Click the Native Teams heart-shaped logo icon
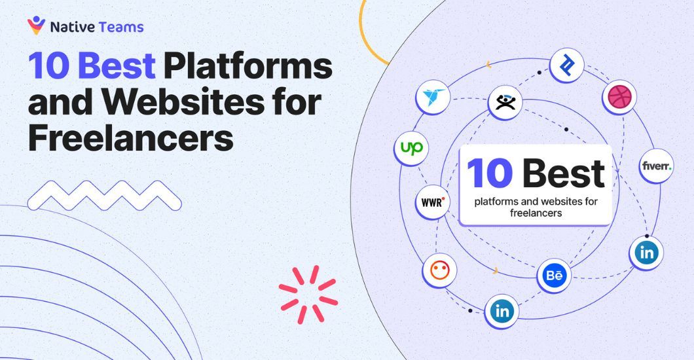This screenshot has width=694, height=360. pos(36,26)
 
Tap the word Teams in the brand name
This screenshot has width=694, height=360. pos(120,27)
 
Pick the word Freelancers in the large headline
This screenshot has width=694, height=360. pos(130,138)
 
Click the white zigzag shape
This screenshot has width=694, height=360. pos(104,196)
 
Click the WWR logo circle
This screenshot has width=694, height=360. pos(432,202)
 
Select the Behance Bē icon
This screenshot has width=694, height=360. pos(554,275)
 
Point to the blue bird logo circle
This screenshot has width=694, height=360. pos(432,97)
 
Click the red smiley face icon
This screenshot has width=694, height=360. pos(439,270)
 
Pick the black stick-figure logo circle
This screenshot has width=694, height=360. pos(505,103)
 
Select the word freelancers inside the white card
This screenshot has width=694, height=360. pos(536,213)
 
